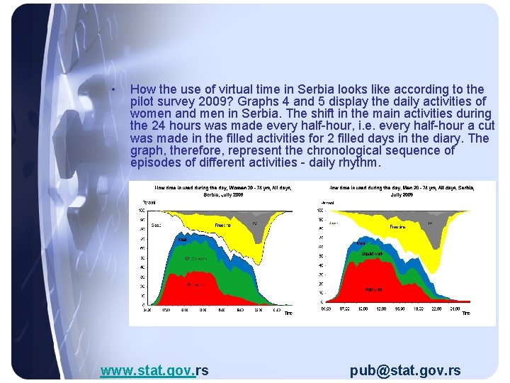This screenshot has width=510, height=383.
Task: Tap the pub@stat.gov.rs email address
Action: [x=405, y=370]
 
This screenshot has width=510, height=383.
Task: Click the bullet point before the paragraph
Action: [x=113, y=89]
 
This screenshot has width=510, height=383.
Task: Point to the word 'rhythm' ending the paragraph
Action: [x=360, y=162]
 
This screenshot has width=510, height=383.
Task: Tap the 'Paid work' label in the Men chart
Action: [x=374, y=289]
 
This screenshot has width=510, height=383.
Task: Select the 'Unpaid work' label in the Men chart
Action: [x=373, y=253]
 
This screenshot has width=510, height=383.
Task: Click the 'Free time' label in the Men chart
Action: [x=397, y=227]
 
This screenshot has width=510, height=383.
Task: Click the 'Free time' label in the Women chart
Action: [x=223, y=226]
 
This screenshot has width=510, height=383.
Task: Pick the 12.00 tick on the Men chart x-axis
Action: [x=380, y=309]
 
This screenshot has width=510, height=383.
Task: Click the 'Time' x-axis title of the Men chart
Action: [x=466, y=313]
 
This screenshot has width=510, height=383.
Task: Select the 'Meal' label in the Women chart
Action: [x=182, y=240]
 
